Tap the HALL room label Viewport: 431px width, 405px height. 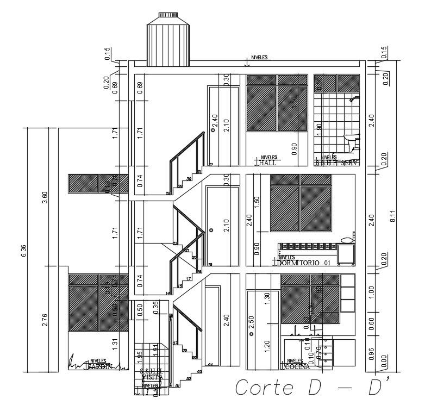pyautogui.click(x=268, y=163)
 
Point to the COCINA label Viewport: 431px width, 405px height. pyautogui.click(x=296, y=367)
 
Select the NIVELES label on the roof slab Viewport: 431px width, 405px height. pyautogui.click(x=259, y=58)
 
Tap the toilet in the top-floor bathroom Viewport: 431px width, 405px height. pyautogui.click(x=354, y=142)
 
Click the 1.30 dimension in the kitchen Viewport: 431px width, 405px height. pyautogui.click(x=267, y=299)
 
